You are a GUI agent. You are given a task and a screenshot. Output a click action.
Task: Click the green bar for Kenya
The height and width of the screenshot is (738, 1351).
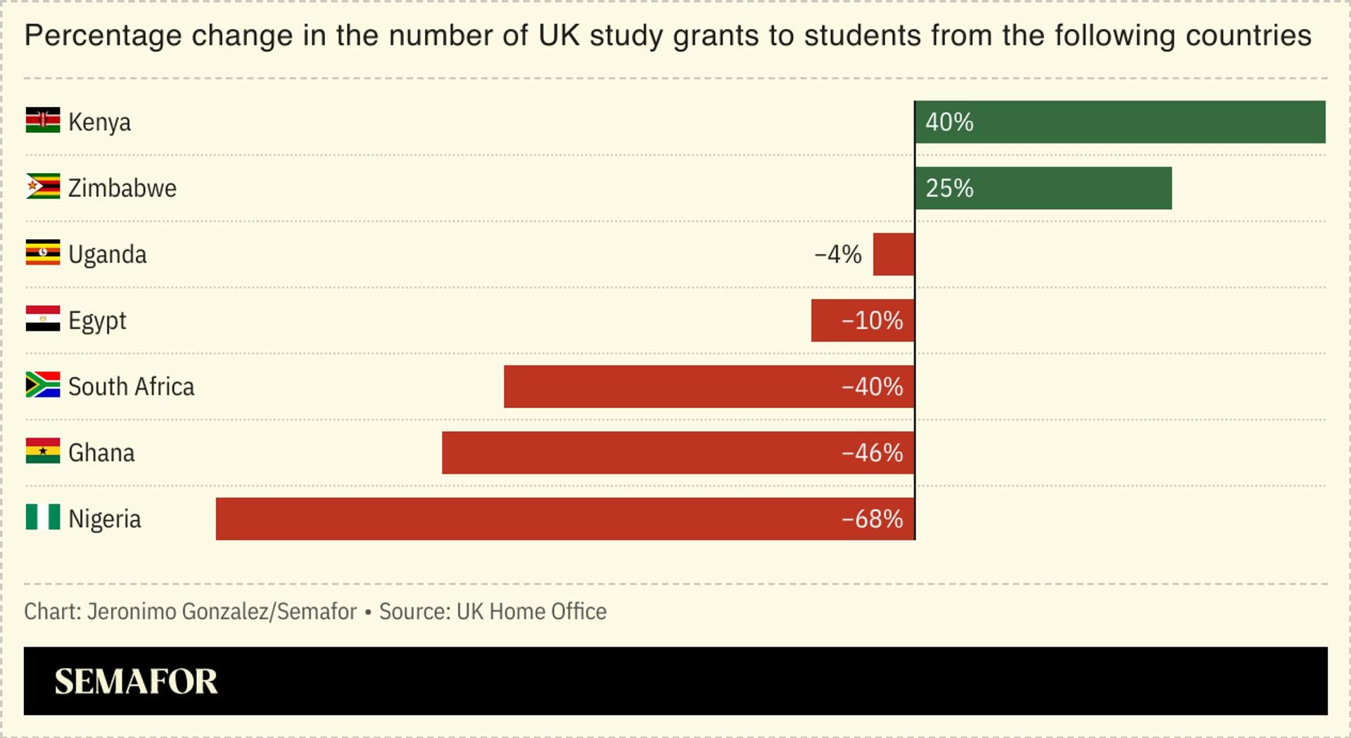click(1120, 122)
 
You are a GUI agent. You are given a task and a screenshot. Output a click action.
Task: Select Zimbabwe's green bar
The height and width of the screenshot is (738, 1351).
click(1044, 188)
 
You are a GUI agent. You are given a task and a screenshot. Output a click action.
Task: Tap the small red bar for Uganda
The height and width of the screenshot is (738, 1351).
click(894, 254)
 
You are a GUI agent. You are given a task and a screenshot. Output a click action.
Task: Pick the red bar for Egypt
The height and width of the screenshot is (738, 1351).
click(863, 320)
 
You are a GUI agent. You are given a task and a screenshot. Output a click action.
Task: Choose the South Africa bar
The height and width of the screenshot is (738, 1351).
click(709, 386)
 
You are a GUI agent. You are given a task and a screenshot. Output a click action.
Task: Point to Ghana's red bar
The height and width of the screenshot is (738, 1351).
click(678, 452)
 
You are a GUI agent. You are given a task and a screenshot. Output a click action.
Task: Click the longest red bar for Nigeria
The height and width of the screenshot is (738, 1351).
click(565, 518)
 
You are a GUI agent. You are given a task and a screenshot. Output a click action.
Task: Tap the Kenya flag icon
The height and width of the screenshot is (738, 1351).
click(43, 120)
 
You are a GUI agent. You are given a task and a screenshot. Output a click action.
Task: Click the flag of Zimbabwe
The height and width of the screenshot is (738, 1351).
click(43, 186)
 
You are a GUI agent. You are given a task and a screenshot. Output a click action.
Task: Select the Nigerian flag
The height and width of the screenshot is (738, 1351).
click(43, 517)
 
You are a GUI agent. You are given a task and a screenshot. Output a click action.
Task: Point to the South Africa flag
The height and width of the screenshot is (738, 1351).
click(43, 385)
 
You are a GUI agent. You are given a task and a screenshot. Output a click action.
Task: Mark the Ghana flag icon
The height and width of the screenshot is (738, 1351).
click(43, 451)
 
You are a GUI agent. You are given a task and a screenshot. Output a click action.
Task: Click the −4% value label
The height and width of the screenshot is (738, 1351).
click(838, 254)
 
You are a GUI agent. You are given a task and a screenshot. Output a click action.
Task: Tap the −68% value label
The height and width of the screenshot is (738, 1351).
click(873, 518)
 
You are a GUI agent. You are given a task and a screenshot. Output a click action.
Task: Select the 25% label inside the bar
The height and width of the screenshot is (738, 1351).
click(949, 188)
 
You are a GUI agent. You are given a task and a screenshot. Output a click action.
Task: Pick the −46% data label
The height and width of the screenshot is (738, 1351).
click(873, 452)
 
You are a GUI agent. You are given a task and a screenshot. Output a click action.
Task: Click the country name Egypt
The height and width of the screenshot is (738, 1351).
click(97, 322)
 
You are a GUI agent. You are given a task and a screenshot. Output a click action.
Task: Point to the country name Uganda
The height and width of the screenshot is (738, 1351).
click(108, 255)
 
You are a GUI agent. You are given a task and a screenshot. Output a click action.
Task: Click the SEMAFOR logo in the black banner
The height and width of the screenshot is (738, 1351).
click(137, 681)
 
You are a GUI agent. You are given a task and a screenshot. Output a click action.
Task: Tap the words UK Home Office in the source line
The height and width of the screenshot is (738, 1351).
click(531, 611)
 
